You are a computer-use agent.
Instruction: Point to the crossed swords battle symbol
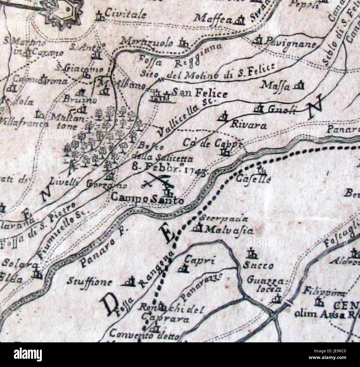157,181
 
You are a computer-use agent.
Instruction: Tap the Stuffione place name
89,282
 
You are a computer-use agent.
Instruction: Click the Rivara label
249,126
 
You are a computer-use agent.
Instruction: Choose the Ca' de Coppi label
214,143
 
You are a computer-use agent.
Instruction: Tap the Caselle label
253,179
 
